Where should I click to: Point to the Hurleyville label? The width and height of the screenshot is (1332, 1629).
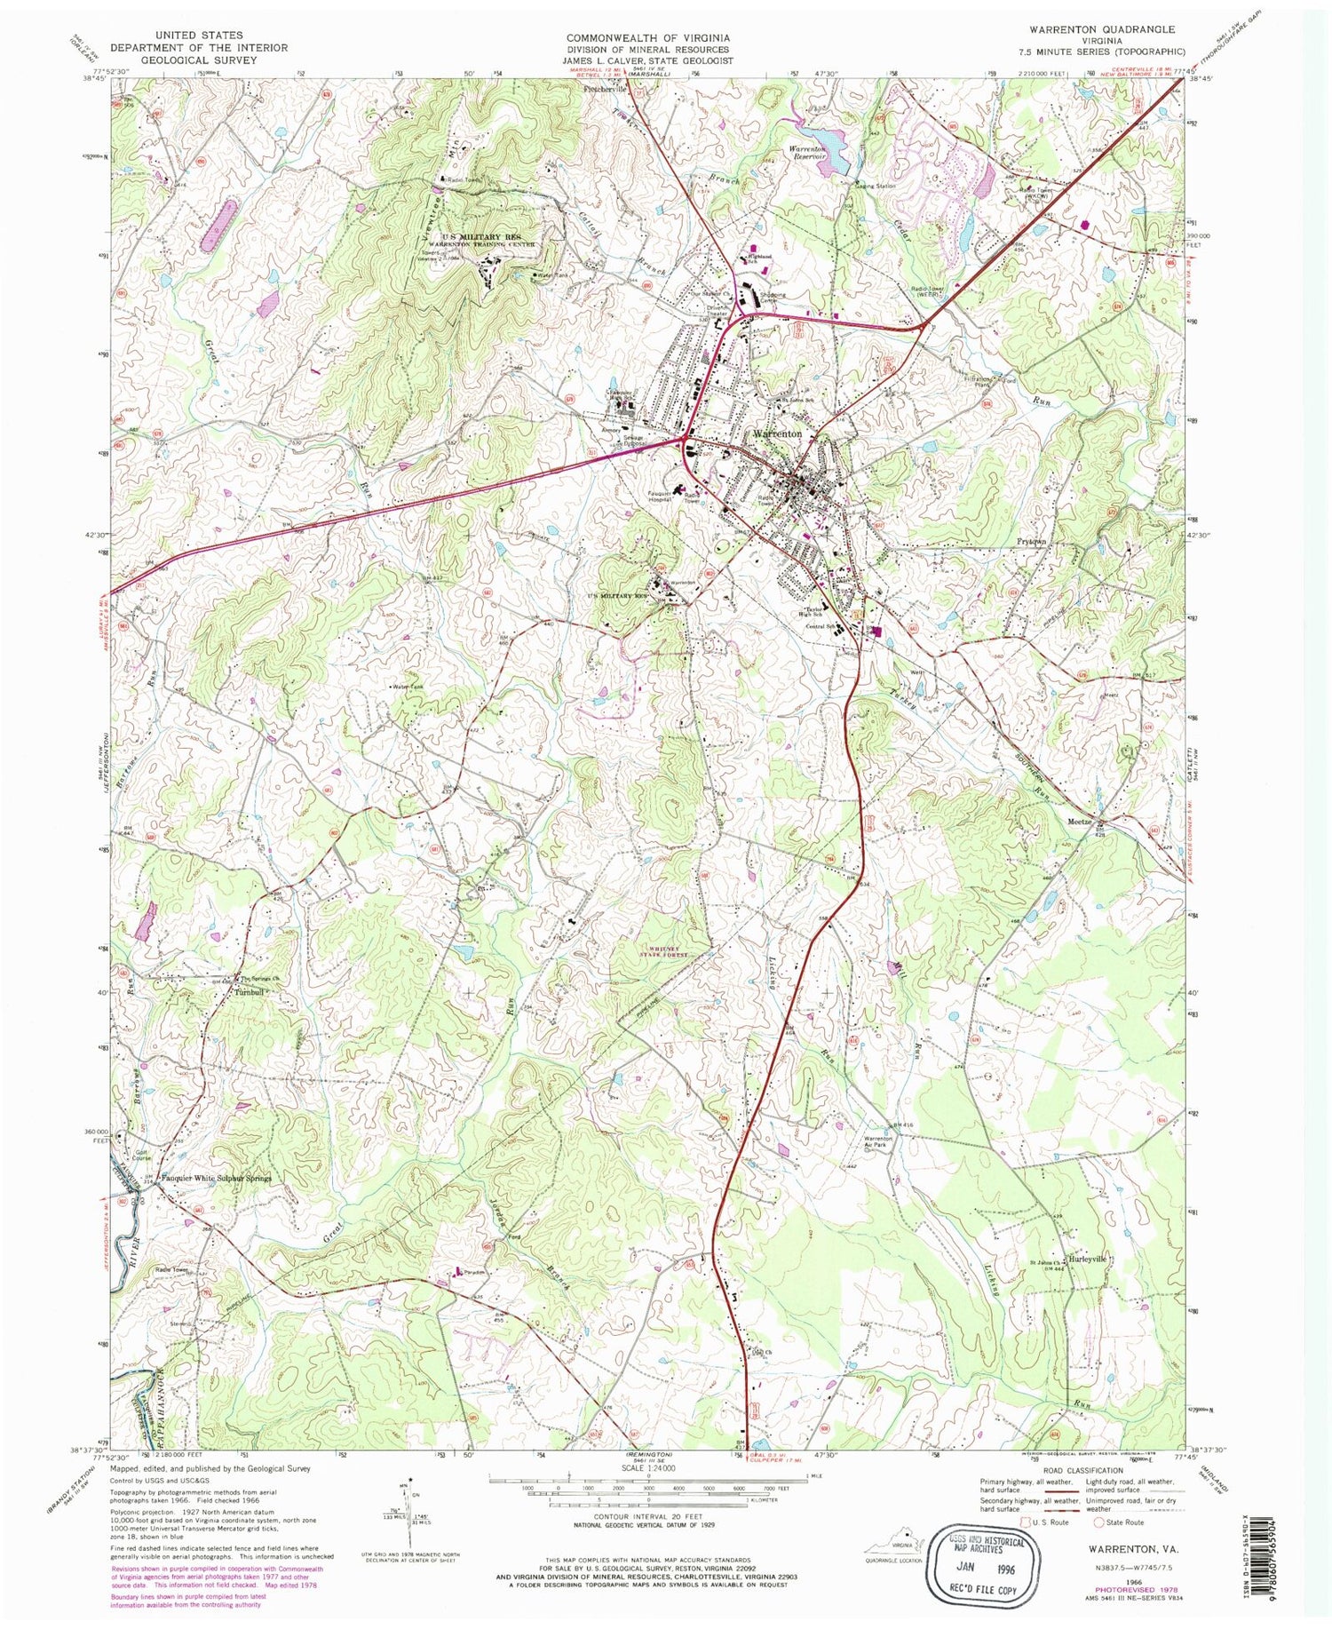[x=1088, y=1259]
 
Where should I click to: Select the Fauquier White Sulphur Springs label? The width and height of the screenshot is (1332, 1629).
[x=216, y=1179]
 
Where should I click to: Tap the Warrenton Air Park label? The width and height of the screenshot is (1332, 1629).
[x=871, y=1142]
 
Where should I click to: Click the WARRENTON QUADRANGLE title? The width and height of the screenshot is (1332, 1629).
[x=1102, y=29]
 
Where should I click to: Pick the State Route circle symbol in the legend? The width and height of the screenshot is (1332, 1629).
[x=1098, y=1522]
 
